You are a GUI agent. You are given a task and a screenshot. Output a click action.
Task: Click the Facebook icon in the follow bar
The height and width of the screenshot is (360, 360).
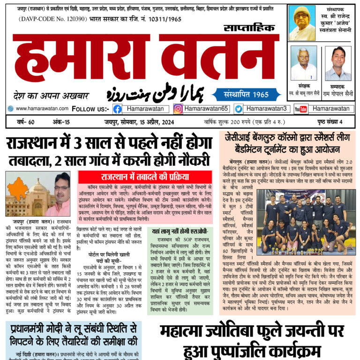pos(118,109)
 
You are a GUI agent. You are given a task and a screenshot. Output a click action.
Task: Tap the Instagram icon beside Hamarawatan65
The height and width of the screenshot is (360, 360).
pos(178,109)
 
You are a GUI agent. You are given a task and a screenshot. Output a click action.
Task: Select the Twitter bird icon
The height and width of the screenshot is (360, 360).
pos(239,109)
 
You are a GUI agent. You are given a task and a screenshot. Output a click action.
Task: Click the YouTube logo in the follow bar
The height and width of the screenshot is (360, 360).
pos(300,109)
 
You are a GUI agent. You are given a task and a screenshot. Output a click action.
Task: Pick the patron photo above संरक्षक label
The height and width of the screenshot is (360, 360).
pos(303,63)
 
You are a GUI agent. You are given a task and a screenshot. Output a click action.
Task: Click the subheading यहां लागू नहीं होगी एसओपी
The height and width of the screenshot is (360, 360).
pos(179,231)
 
